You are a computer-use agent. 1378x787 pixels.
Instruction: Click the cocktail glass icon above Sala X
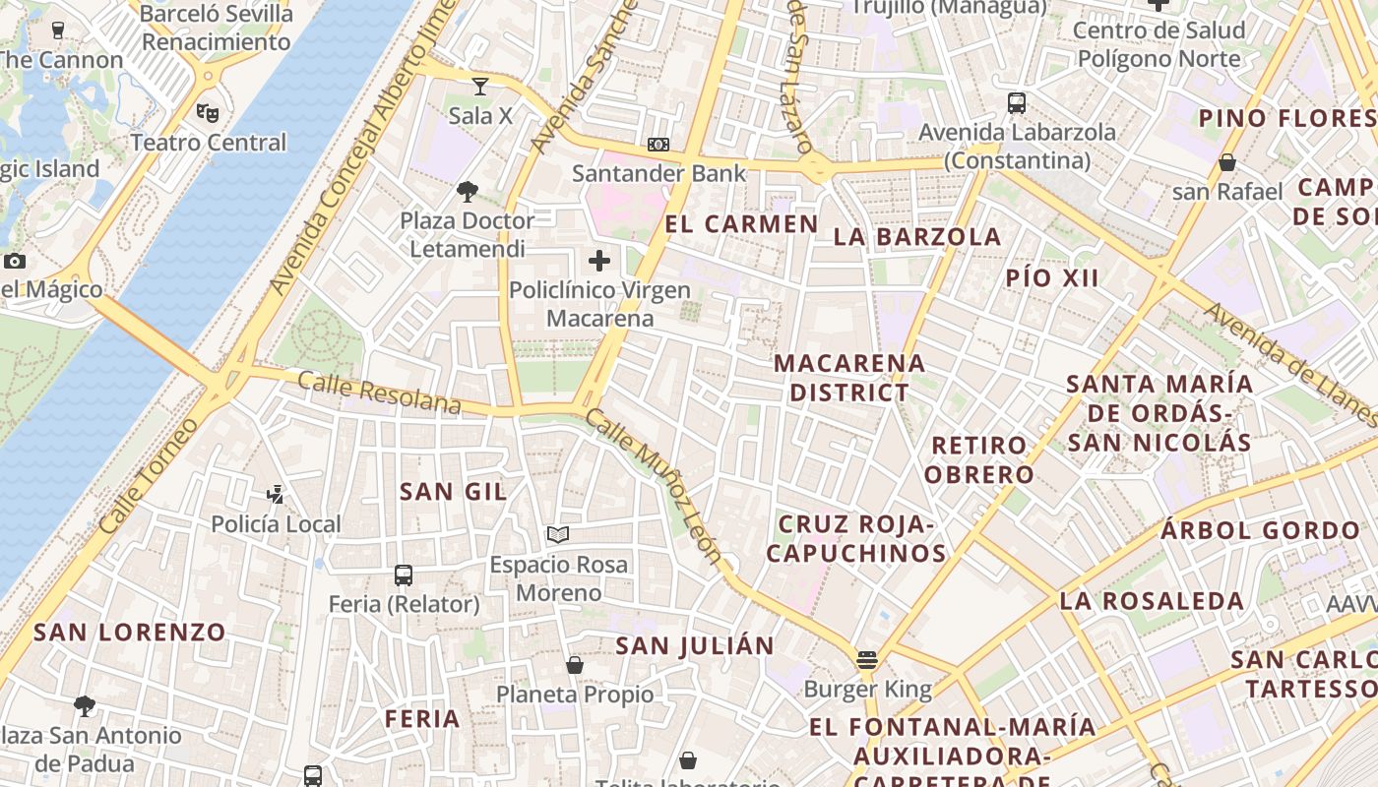pos(480,87)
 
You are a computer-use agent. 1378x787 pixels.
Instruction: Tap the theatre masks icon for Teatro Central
pos(208,113)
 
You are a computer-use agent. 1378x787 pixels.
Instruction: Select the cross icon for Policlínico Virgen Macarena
pos(599,261)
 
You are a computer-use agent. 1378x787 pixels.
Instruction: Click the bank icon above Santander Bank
pos(658,145)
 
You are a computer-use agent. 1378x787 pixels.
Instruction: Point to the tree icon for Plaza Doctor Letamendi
pos(468,192)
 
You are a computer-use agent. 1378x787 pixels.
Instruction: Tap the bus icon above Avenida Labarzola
pos(1017,102)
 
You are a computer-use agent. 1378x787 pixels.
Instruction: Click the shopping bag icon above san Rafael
pos(1227,162)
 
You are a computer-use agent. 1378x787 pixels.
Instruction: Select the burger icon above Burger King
pos(867,659)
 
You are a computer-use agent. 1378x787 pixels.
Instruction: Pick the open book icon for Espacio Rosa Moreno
pos(558,535)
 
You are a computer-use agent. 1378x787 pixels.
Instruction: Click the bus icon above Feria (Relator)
pos(404,575)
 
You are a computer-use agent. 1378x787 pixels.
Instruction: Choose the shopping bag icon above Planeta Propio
pos(575,665)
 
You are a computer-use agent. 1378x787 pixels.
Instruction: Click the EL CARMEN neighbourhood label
pos(741,224)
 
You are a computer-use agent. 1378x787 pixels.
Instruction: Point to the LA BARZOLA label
pos(917,237)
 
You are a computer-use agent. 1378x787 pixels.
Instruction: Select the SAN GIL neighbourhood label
pos(453,492)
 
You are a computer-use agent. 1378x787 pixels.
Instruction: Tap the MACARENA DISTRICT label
pos(849,378)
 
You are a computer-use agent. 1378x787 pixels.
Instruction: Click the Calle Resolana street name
pos(379,393)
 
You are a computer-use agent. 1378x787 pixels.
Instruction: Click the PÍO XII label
pos(1052,277)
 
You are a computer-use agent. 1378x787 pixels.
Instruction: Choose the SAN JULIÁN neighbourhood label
pos(695,646)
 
